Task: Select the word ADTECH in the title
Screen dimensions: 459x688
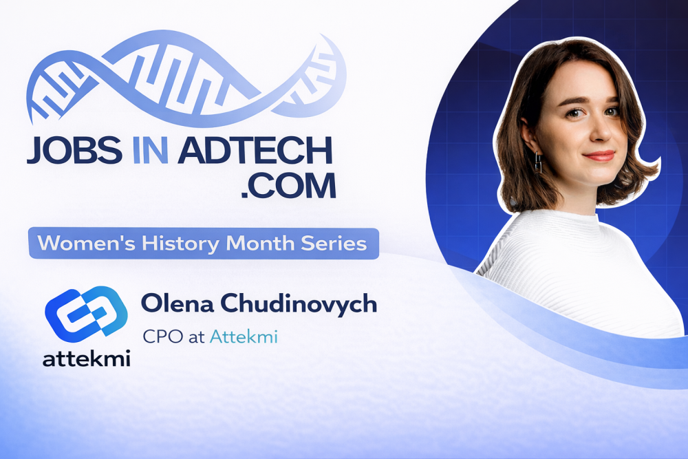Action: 254,151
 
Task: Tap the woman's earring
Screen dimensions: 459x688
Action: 538,162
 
